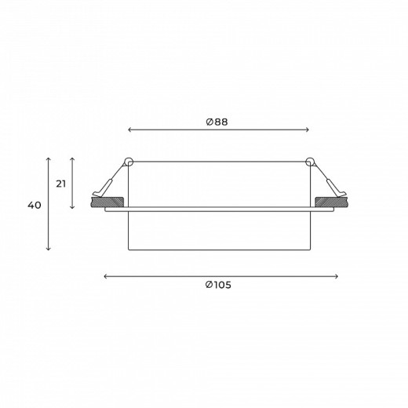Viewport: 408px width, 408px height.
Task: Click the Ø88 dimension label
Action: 217,122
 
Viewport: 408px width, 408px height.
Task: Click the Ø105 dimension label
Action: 218,285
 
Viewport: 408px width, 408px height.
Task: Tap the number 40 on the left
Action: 35,206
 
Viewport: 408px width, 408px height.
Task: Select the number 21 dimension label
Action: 61,184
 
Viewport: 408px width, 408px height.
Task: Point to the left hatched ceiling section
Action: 107,202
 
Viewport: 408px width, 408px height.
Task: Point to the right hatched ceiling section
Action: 332,202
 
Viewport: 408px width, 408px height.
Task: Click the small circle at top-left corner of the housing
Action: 129,162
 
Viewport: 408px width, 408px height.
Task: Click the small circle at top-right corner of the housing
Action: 310,162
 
